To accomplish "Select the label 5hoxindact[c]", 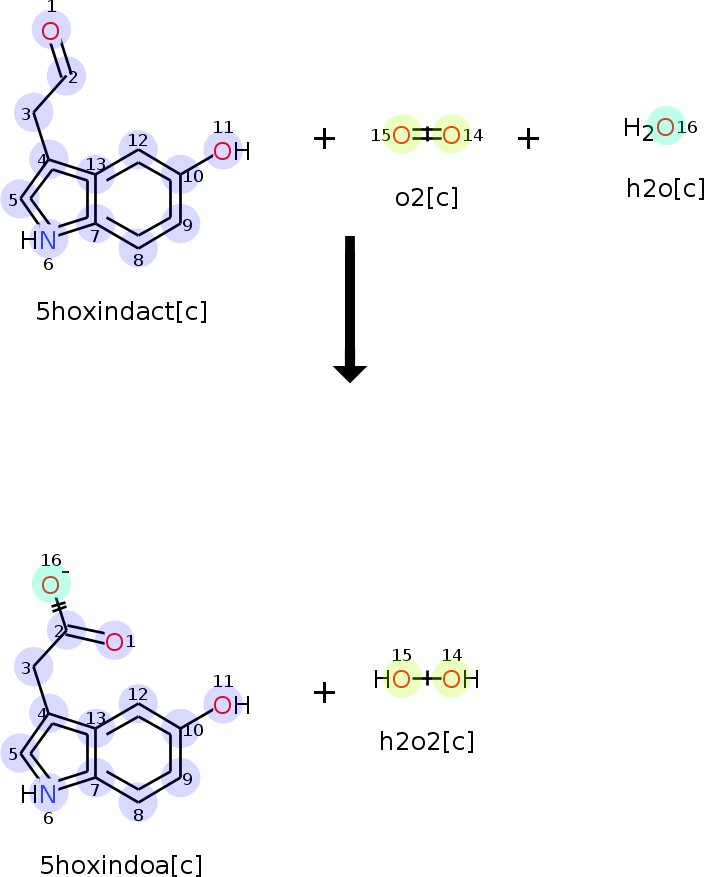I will (121, 311).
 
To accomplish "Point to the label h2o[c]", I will (665, 188).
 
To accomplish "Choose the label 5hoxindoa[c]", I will (121, 865).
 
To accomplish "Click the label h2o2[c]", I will (426, 741).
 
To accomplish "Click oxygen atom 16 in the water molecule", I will (665, 126).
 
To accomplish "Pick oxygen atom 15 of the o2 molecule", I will (401, 135).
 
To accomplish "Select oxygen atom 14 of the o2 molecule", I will (451, 135).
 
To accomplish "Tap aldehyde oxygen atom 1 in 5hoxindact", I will (51, 30).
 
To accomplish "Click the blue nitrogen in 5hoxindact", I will (48, 240).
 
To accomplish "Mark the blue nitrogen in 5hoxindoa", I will (48, 794).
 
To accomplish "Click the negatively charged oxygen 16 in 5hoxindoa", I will (51, 584).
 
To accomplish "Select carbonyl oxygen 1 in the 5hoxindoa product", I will (114, 641).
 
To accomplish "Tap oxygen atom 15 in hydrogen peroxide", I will (401, 680).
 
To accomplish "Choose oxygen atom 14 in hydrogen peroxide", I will (451, 680).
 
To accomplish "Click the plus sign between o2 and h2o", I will (528, 138).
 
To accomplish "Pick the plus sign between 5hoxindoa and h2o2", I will (324, 691).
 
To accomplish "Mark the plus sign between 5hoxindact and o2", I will (324, 138).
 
